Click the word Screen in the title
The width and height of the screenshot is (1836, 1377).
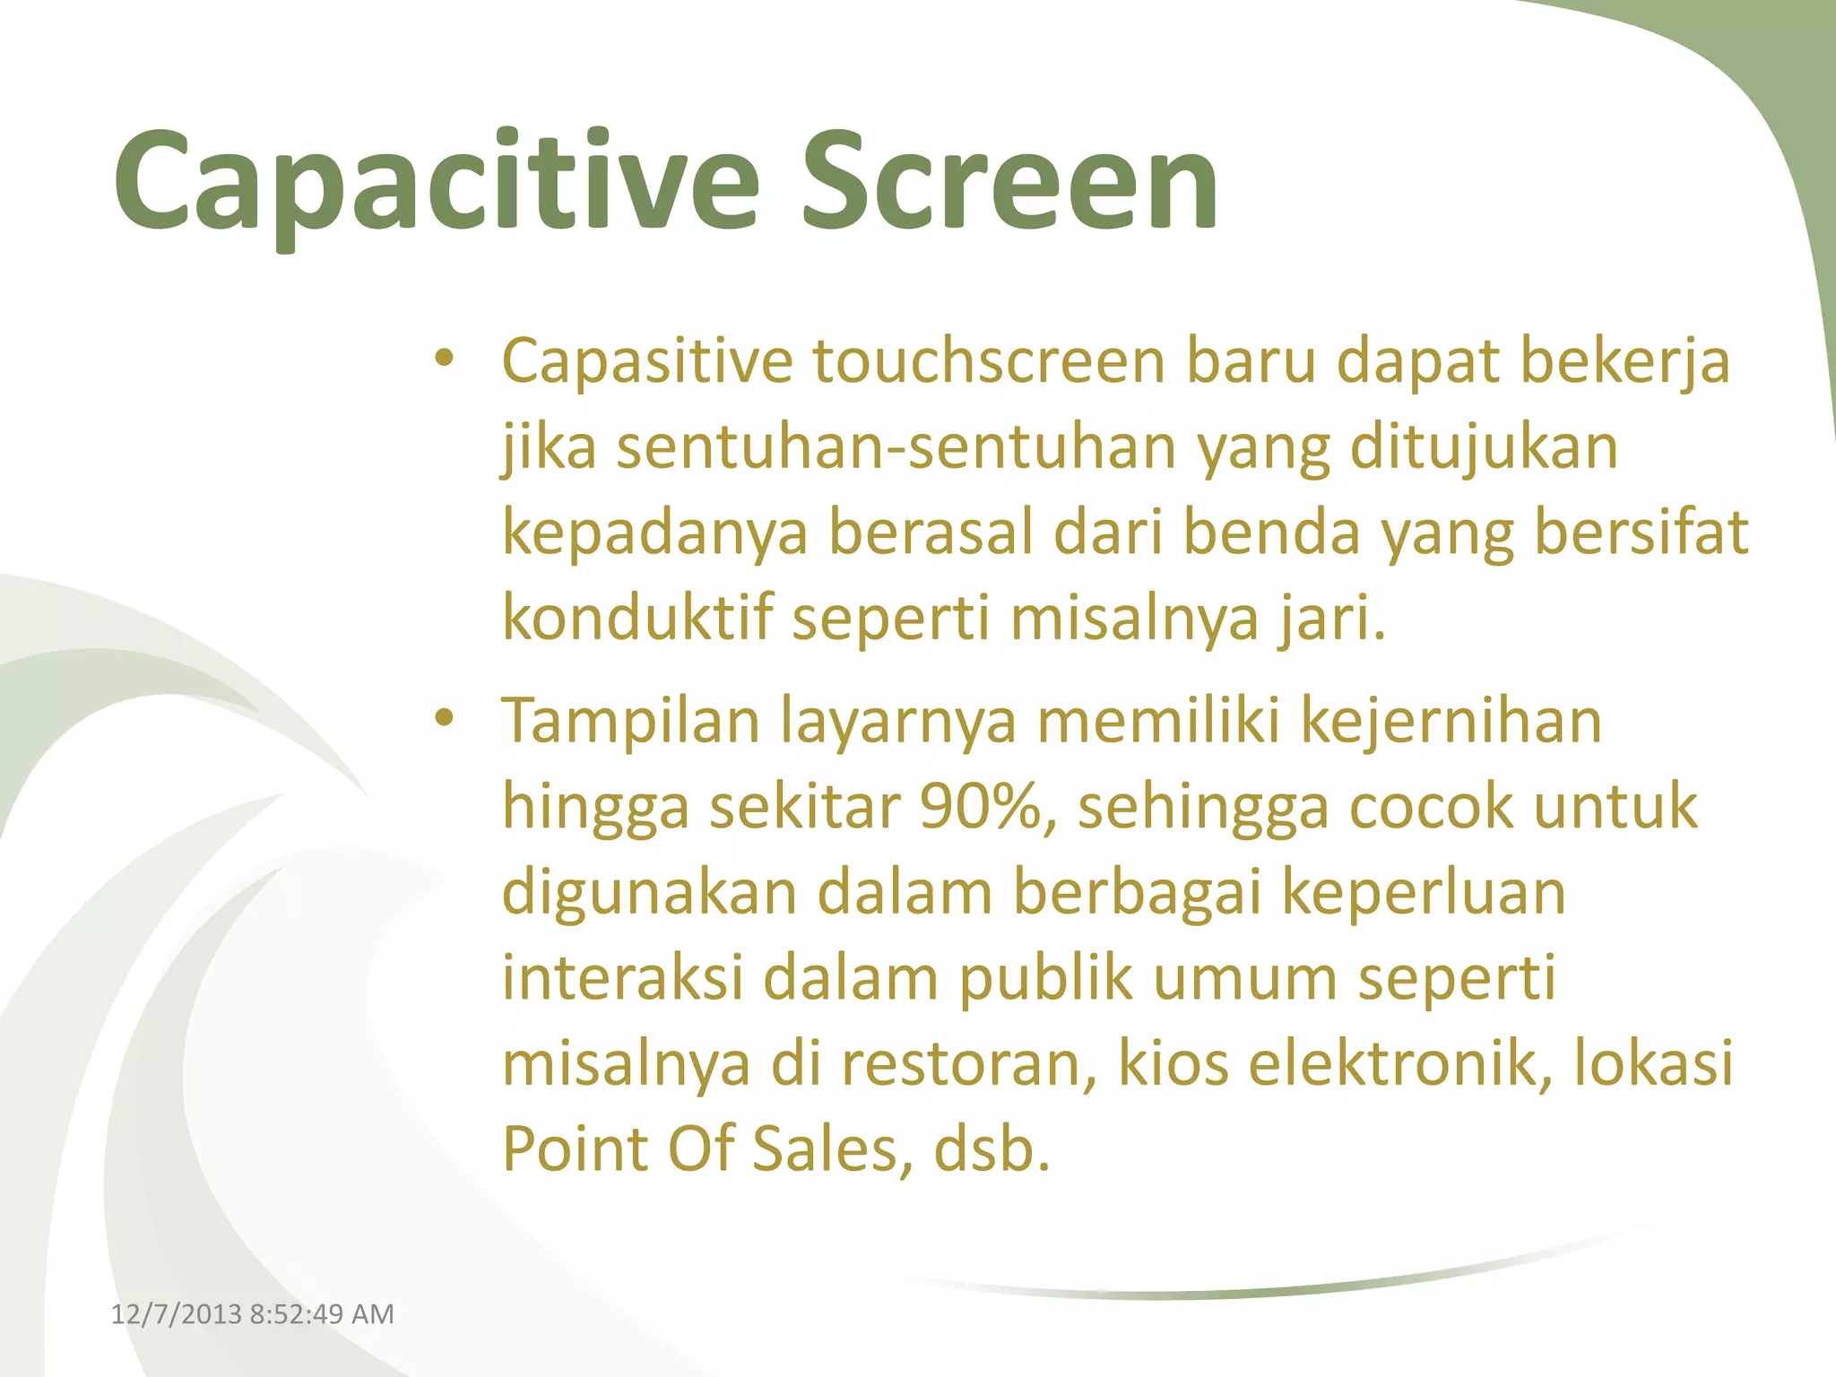pyautogui.click(x=1009, y=184)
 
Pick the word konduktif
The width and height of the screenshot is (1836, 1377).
pyautogui.click(x=637, y=619)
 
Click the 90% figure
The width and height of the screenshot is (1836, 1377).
pyautogui.click(x=981, y=807)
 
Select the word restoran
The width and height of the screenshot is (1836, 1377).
pyautogui.click(x=969, y=1065)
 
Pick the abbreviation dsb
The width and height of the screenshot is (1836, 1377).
pyautogui.click(x=991, y=1150)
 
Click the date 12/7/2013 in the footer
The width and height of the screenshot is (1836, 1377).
pyautogui.click(x=176, y=1314)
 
